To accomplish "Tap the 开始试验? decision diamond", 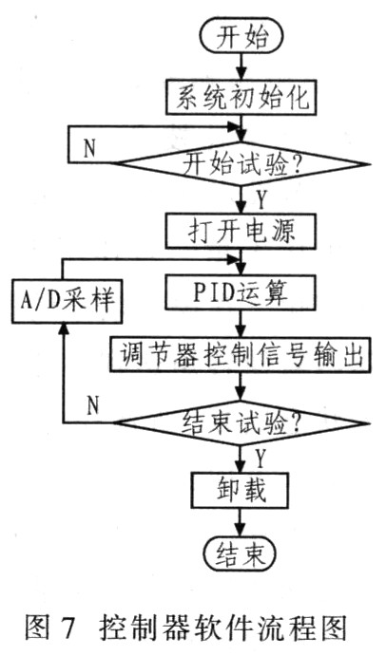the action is (241, 164).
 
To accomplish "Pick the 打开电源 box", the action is (241, 232).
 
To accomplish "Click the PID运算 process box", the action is (241, 292).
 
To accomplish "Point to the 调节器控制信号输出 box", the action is (241, 353).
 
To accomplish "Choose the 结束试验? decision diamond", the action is (241, 423).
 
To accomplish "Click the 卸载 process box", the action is (241, 490).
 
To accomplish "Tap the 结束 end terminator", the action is (241, 554).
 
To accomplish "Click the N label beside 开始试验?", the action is (89, 147).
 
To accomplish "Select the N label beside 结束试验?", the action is (92, 405).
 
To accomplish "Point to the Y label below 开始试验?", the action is (261, 200).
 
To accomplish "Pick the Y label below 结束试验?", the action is (261, 459).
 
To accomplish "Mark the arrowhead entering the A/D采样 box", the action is (63, 329).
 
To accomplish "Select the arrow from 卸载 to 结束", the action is (241, 522).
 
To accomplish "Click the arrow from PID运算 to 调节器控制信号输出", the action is (241, 323).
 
